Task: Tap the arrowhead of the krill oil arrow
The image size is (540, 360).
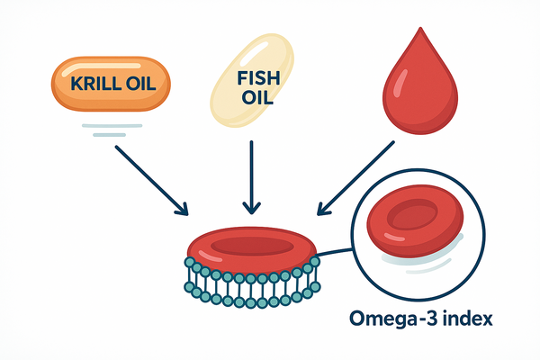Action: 183,211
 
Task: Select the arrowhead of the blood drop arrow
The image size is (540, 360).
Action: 322,211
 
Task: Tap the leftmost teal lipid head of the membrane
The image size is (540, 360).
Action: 190,263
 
